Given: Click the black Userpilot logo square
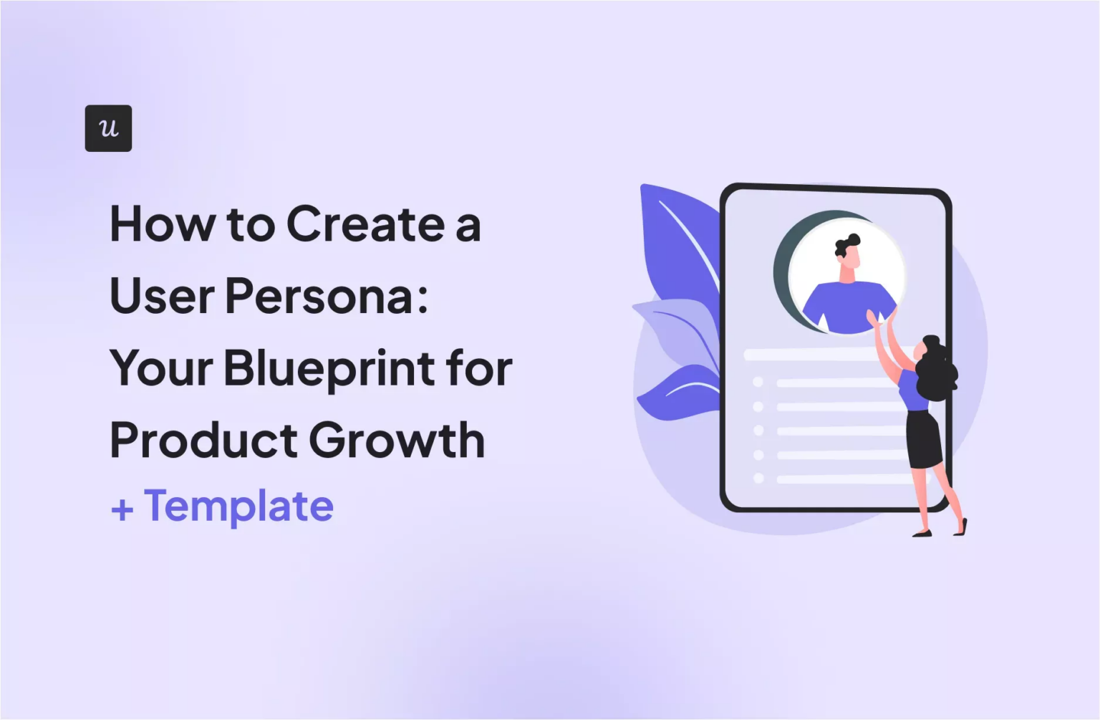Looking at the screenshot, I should coord(108,128).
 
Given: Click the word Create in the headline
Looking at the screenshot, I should coord(365,225).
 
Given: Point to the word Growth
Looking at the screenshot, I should coord(397,440).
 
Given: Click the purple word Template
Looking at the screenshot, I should coord(238,507).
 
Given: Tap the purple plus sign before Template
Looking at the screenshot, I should coord(122,509).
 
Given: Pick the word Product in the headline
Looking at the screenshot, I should coord(203,440).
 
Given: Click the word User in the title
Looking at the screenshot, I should coord(161,297).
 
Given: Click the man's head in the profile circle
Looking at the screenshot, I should coord(848,252).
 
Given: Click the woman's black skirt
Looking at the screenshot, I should coord(924,438).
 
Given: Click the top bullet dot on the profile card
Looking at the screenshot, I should coord(758,382).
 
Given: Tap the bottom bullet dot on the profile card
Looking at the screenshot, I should coord(758,478).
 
